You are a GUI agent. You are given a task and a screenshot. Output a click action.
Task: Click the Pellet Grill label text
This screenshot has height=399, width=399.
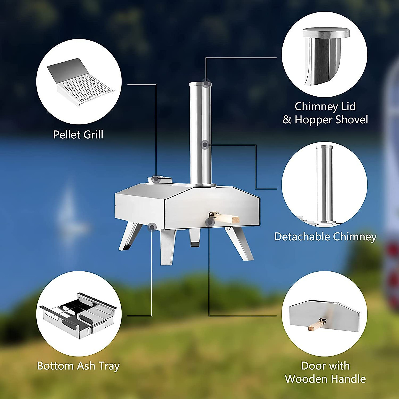click(78, 135)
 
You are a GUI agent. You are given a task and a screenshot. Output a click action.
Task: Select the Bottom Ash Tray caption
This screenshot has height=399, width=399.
click(78, 366)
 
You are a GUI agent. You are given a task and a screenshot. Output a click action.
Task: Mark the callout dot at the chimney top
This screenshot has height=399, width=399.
click(207, 83)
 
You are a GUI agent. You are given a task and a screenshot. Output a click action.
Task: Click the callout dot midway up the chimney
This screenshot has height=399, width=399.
click(205, 145)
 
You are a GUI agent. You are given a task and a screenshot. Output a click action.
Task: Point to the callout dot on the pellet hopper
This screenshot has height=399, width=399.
click(155, 179)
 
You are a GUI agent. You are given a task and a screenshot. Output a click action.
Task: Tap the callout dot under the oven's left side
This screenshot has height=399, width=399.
click(152, 227)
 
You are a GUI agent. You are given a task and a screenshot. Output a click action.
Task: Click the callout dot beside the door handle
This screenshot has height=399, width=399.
click(209, 222)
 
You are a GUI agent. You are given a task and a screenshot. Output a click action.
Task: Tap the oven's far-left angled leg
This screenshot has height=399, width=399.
click(129, 236)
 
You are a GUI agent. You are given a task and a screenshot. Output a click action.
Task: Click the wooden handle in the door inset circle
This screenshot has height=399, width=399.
click(317, 324)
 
